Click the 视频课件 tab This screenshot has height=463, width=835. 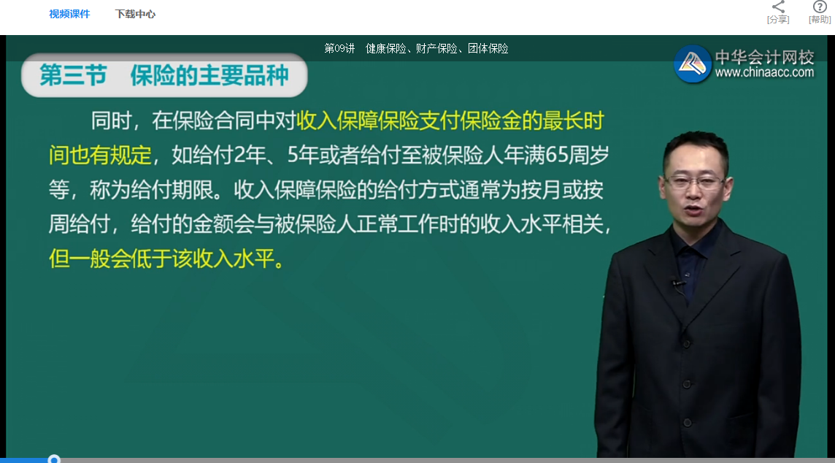click(x=69, y=14)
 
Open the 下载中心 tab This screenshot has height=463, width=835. click(x=135, y=14)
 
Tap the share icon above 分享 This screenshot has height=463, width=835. click(x=778, y=7)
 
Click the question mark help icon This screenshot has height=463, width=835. click(x=820, y=7)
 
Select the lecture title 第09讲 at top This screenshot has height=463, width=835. click(x=339, y=49)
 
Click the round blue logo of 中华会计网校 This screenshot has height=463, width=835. click(x=693, y=64)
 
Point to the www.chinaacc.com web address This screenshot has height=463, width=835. click(x=764, y=72)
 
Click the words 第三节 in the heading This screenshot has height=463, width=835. click(x=73, y=75)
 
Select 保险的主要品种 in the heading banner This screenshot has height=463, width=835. click(x=209, y=75)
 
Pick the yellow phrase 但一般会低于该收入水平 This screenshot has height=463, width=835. click(x=166, y=259)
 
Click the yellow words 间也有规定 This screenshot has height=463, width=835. click(x=100, y=156)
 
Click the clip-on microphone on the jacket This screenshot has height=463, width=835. click(x=676, y=283)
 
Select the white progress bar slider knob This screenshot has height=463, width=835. click(x=53, y=459)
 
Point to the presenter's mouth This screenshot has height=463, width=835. click(x=693, y=213)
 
